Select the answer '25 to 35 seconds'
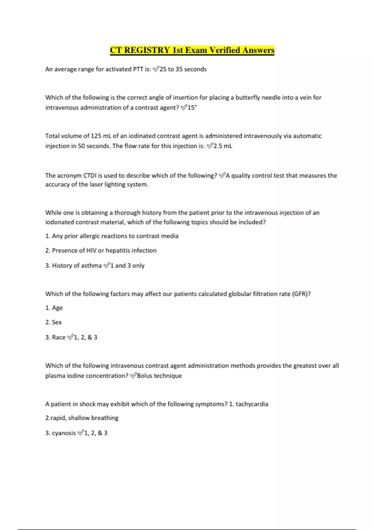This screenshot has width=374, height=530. point(183,69)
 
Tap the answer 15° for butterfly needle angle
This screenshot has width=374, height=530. point(192,108)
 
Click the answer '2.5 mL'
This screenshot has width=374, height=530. point(223,146)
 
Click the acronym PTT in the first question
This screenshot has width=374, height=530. point(138,69)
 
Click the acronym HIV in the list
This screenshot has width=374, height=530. point(91,251)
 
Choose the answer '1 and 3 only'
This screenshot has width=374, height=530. point(127,266)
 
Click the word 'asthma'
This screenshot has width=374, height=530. point(92,266)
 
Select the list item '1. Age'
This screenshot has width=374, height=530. point(54,308)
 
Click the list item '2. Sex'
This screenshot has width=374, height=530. point(54,322)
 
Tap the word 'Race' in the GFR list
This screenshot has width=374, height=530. point(59,337)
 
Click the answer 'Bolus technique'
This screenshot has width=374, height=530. point(159,376)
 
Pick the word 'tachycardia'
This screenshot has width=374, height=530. point(252,404)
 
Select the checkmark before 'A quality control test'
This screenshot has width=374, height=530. point(222,176)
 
